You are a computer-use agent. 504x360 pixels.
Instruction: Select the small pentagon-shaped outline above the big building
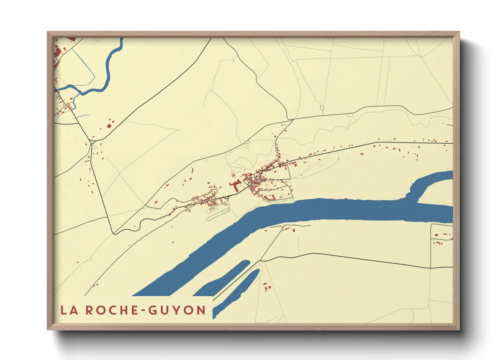tap(233, 175)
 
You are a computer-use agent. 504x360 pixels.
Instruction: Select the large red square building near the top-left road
tap(109, 126)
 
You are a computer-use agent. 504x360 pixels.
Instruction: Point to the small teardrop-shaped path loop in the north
tap(322, 109)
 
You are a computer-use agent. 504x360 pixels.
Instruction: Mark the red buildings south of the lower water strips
tap(267, 287)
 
